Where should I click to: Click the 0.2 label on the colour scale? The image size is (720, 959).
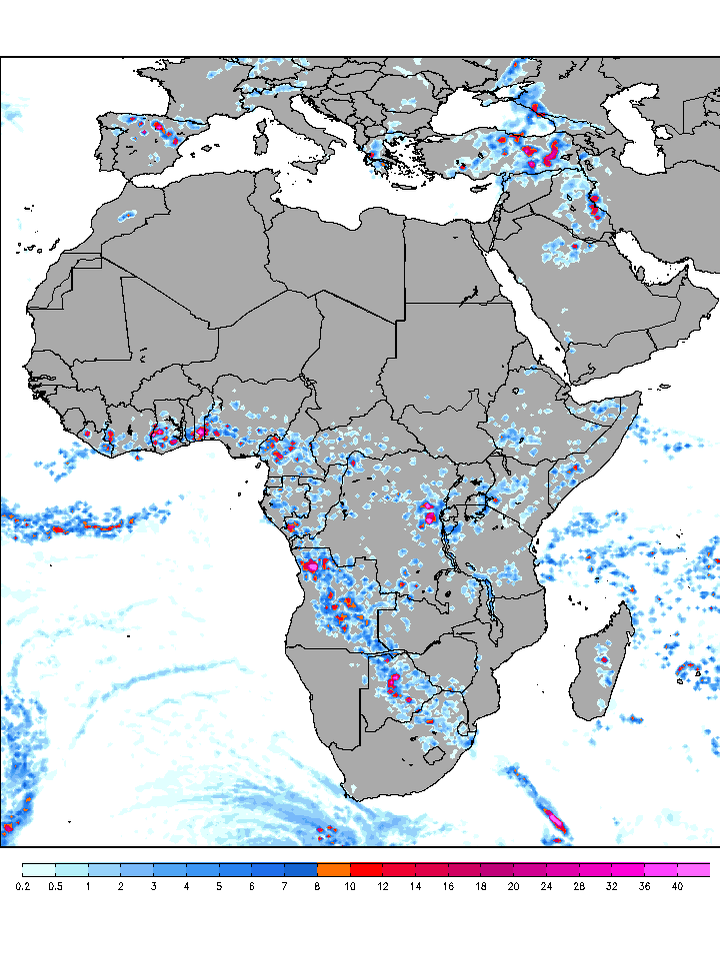point(23,886)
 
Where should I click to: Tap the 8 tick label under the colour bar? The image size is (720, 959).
point(317,886)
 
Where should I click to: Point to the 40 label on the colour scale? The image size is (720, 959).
point(677,886)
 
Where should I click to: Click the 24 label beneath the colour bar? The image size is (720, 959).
point(546,886)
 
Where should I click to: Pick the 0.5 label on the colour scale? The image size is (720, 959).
point(56,886)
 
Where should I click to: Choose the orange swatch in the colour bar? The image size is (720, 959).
point(333,870)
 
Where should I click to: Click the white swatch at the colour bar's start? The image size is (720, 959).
point(39,870)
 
